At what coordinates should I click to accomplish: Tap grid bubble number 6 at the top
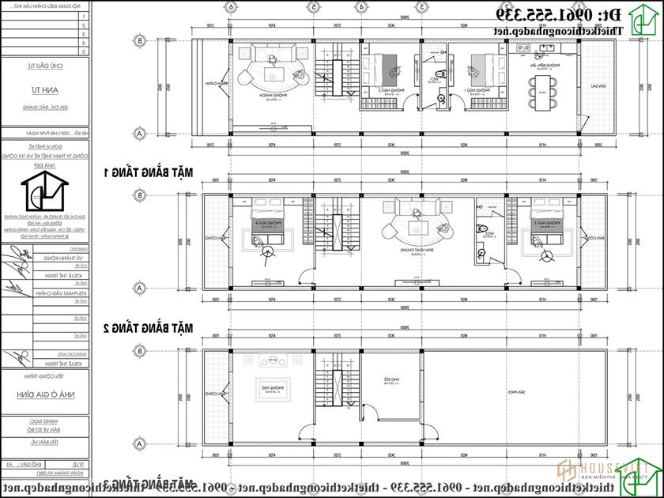click(x=232, y=6)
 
